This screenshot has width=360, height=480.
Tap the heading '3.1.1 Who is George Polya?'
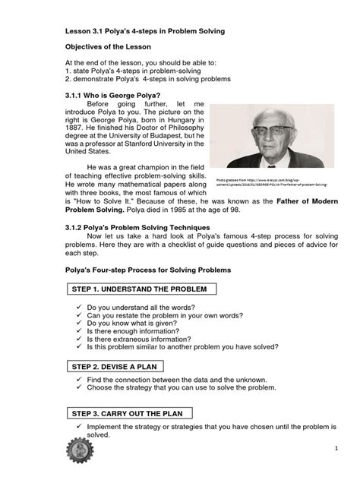click(113, 95)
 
